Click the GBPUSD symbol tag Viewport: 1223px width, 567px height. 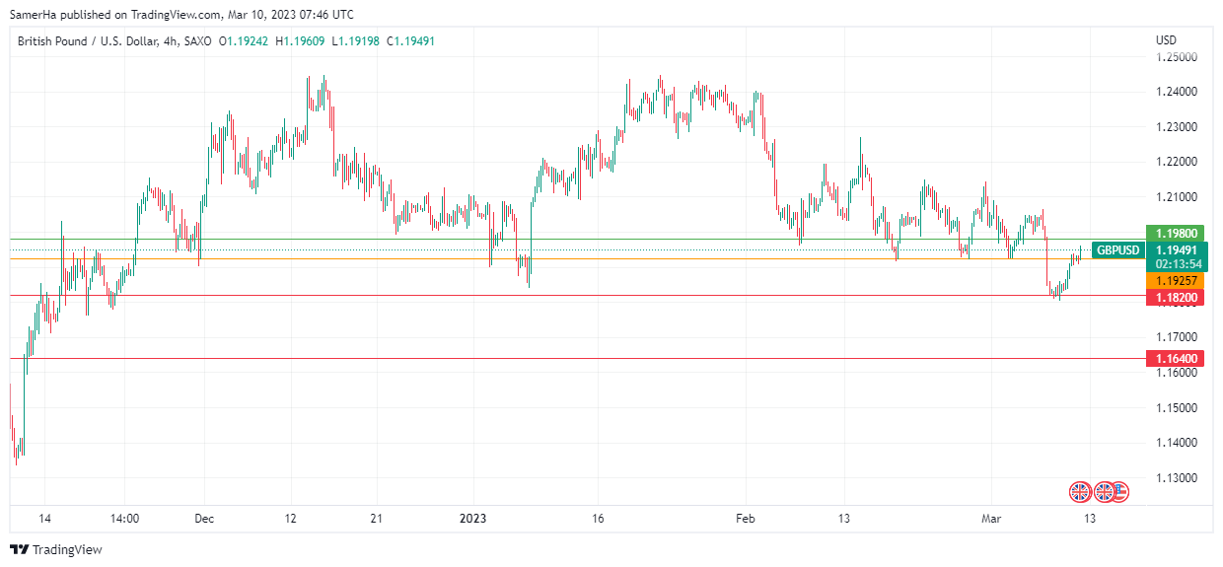tap(1117, 250)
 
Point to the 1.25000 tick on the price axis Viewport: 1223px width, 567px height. tap(1177, 57)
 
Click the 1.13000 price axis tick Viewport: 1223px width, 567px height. tap(1177, 477)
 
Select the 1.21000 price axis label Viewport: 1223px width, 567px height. tap(1177, 197)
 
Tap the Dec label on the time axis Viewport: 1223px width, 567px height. tap(204, 518)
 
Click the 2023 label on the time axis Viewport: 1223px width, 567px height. tap(474, 518)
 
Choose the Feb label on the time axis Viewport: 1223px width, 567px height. tap(746, 518)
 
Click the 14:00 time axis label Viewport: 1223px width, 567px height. tap(125, 518)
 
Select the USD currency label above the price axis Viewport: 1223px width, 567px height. tap(1166, 40)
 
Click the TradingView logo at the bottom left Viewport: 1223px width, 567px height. tap(56, 549)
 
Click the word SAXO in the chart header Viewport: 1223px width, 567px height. tap(197, 40)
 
